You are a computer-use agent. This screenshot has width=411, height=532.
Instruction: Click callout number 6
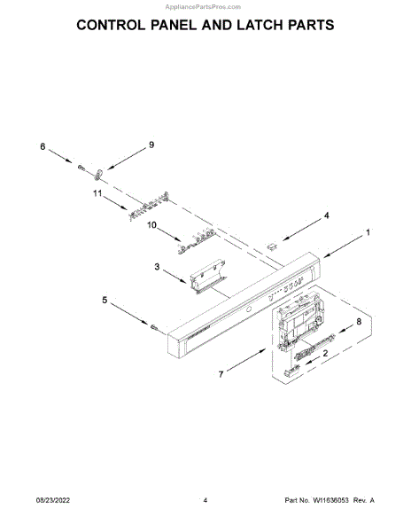point(43,146)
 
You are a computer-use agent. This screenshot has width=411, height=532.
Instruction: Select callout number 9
point(151,145)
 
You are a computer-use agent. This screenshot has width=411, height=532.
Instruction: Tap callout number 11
point(97,193)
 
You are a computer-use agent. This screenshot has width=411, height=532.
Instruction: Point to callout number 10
point(151,224)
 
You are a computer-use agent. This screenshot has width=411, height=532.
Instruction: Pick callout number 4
point(326,215)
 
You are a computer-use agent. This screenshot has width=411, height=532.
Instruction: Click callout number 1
point(368,232)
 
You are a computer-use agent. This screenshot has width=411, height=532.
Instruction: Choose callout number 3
point(157,267)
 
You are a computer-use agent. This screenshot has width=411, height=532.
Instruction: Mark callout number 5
point(105,300)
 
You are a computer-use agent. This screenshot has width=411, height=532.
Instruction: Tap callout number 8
point(359,321)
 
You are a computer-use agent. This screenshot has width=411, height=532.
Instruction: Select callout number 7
point(221,374)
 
